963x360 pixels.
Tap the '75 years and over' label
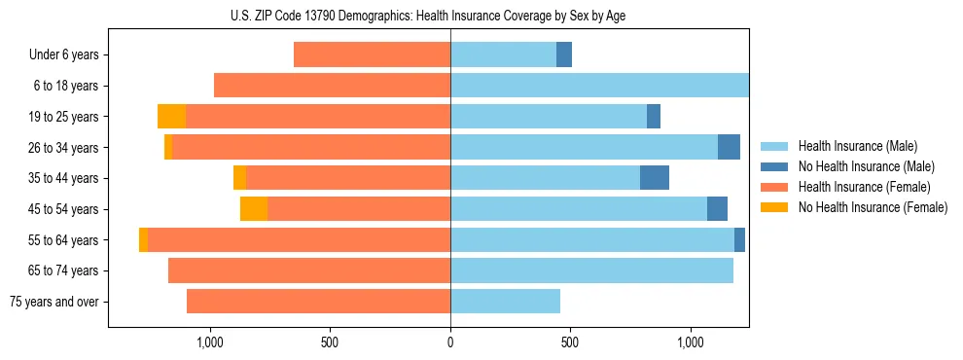[54, 302]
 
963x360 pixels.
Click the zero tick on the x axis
[450, 342]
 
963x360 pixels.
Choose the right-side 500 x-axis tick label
[570, 342]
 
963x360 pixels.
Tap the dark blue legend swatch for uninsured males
[774, 166]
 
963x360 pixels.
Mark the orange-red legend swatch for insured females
[774, 187]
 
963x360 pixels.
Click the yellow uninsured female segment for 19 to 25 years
[171, 117]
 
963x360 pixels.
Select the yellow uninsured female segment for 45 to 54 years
[254, 209]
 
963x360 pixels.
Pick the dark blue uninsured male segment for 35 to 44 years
[655, 178]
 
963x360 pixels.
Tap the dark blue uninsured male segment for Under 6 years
[564, 55]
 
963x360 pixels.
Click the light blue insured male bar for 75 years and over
[505, 302]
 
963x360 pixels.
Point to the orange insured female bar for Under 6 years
[372, 55]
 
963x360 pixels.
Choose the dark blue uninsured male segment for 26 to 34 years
[729, 147]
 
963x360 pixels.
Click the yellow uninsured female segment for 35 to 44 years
[239, 178]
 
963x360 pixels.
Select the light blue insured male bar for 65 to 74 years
[591, 270]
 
